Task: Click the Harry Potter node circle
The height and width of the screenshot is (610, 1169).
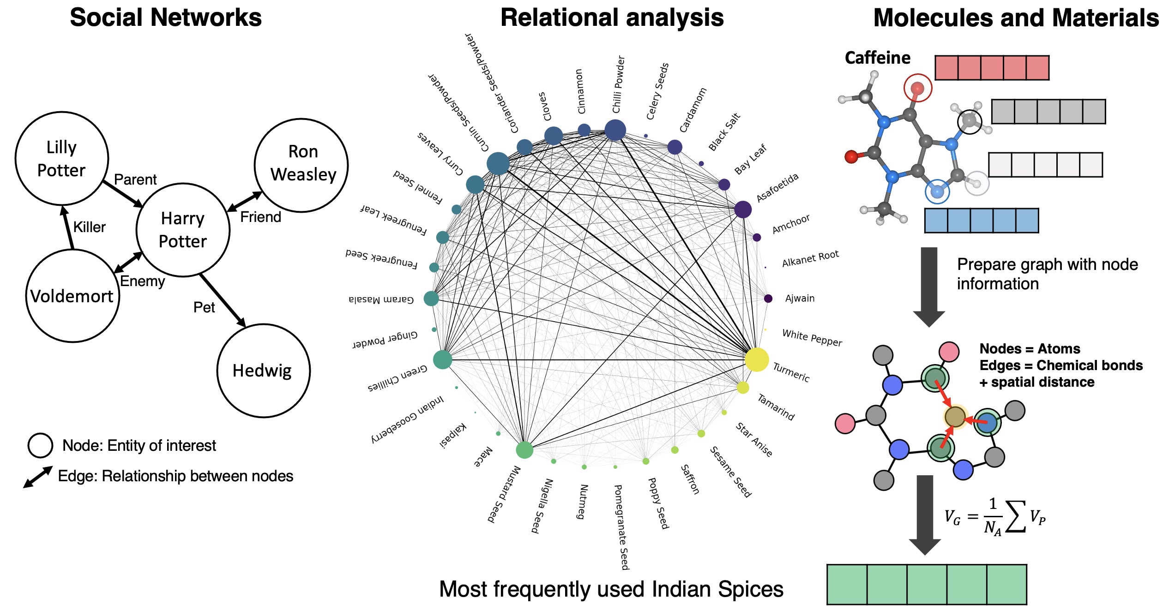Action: [x=183, y=230]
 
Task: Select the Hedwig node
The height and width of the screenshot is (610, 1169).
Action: [x=263, y=371]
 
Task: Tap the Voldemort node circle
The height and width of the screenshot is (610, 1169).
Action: [x=72, y=296]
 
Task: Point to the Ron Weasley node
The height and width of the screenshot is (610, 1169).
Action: [x=301, y=165]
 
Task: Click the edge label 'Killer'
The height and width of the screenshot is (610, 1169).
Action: [x=89, y=227]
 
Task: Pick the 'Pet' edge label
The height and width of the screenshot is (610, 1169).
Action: [x=204, y=307]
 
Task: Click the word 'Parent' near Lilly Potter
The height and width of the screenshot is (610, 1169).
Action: [x=135, y=179]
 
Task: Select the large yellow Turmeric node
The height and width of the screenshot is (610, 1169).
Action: [x=757, y=359]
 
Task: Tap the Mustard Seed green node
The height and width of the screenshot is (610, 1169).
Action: [x=524, y=449]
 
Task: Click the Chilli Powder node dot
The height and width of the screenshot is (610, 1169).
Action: [x=615, y=130]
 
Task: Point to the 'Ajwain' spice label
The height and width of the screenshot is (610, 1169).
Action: [x=800, y=298]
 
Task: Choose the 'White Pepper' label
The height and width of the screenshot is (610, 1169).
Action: [x=812, y=337]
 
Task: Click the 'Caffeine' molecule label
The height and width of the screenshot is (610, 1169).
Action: [x=877, y=58]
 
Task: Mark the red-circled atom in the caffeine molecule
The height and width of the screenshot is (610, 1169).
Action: [x=917, y=88]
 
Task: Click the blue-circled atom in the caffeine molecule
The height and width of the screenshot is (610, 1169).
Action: [x=937, y=191]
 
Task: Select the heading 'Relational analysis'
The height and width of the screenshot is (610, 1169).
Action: [x=612, y=18]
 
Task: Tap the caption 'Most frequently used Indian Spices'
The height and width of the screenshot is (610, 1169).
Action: [x=611, y=589]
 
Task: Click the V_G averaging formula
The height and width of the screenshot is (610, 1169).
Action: [x=994, y=517]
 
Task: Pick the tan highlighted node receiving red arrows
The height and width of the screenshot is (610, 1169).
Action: [x=955, y=417]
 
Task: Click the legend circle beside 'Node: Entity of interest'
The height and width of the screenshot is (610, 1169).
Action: [x=40, y=445]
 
